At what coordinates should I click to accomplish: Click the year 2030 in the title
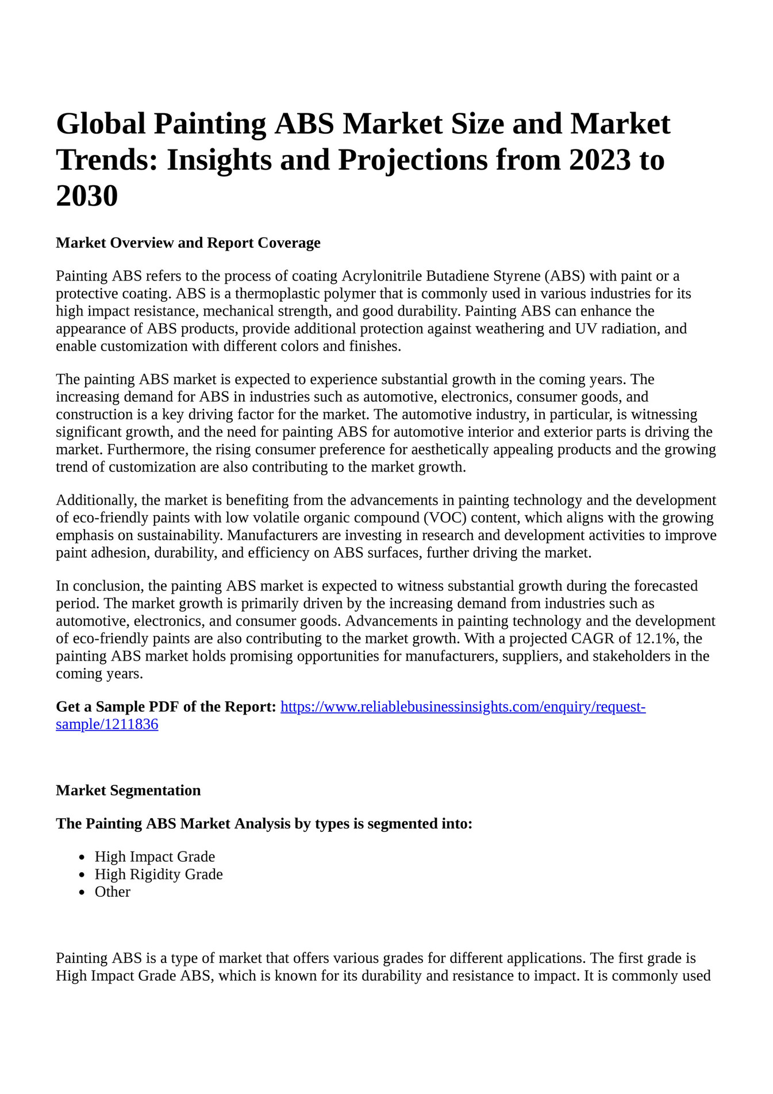pos(87,196)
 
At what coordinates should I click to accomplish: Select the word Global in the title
pos(101,124)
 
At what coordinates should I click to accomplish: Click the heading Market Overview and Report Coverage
pos(188,243)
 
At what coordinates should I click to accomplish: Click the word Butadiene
pos(457,276)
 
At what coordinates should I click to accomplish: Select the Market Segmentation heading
pos(128,790)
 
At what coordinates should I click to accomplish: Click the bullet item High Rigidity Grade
pos(159,874)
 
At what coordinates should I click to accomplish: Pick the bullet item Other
pos(113,892)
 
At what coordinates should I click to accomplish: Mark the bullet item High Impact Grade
pos(155,857)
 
